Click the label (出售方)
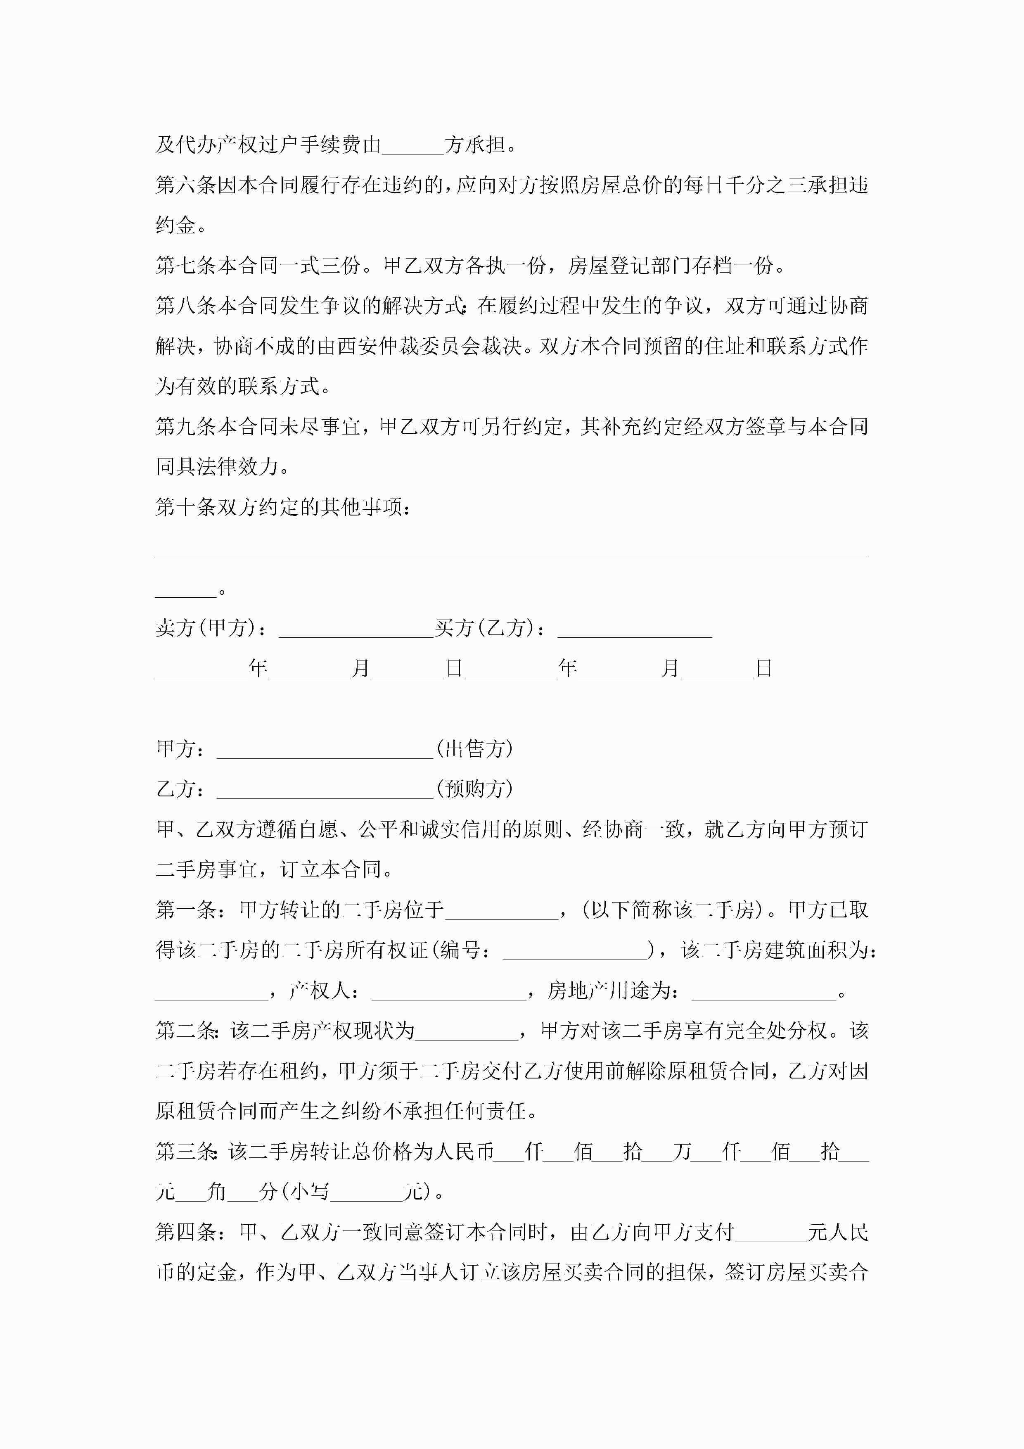coord(474,749)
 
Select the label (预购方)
coord(474,789)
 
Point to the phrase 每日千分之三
coord(734,185)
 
